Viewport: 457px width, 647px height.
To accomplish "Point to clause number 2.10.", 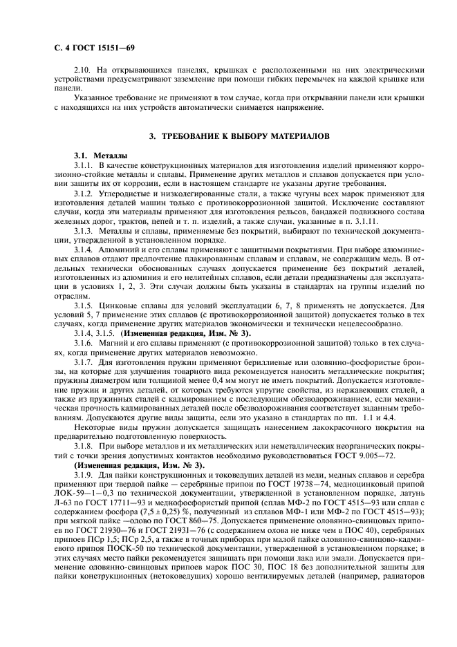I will click(82, 70).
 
